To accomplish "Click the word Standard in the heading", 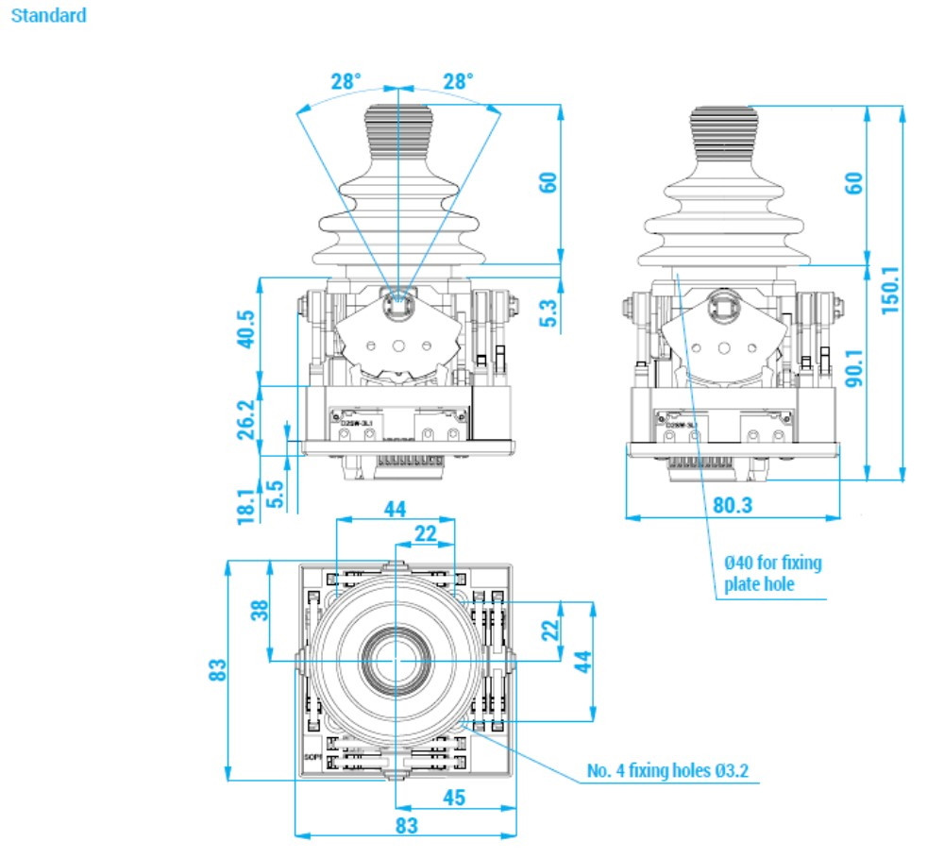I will coord(48,16).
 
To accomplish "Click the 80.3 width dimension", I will coord(733,505).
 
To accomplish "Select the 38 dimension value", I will coord(257,611).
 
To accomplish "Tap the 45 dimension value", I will coord(453,798).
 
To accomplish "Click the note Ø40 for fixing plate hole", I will coord(772,573).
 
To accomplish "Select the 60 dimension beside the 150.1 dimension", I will coord(853,182).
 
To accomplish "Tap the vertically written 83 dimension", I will coord(217,669).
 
